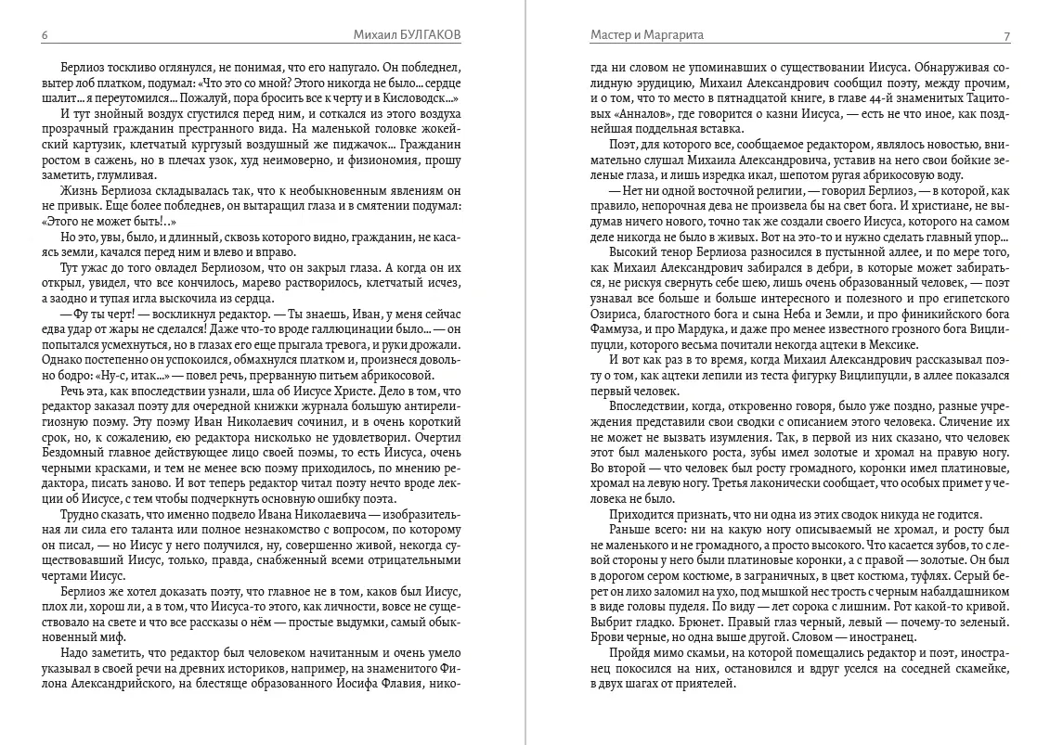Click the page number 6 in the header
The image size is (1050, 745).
point(45,35)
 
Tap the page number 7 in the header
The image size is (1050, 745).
point(1006,35)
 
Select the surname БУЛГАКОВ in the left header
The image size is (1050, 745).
point(425,35)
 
